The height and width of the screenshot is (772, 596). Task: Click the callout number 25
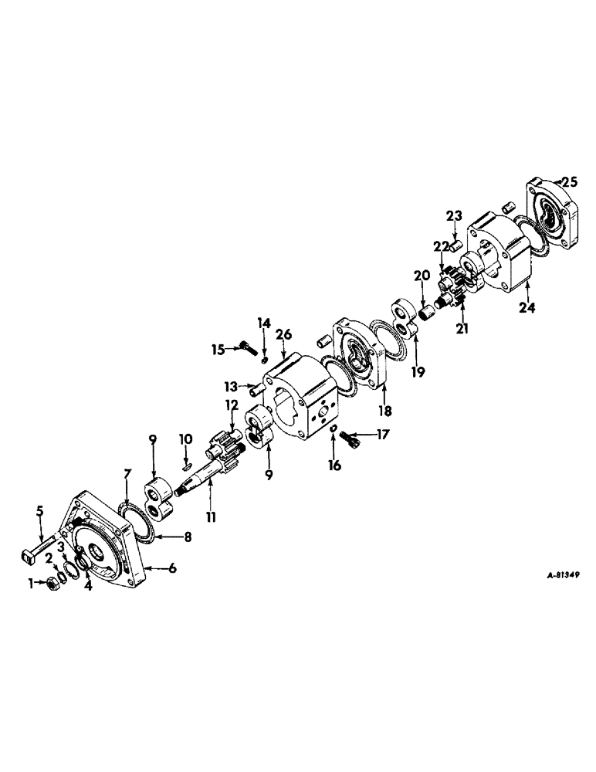click(x=570, y=182)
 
